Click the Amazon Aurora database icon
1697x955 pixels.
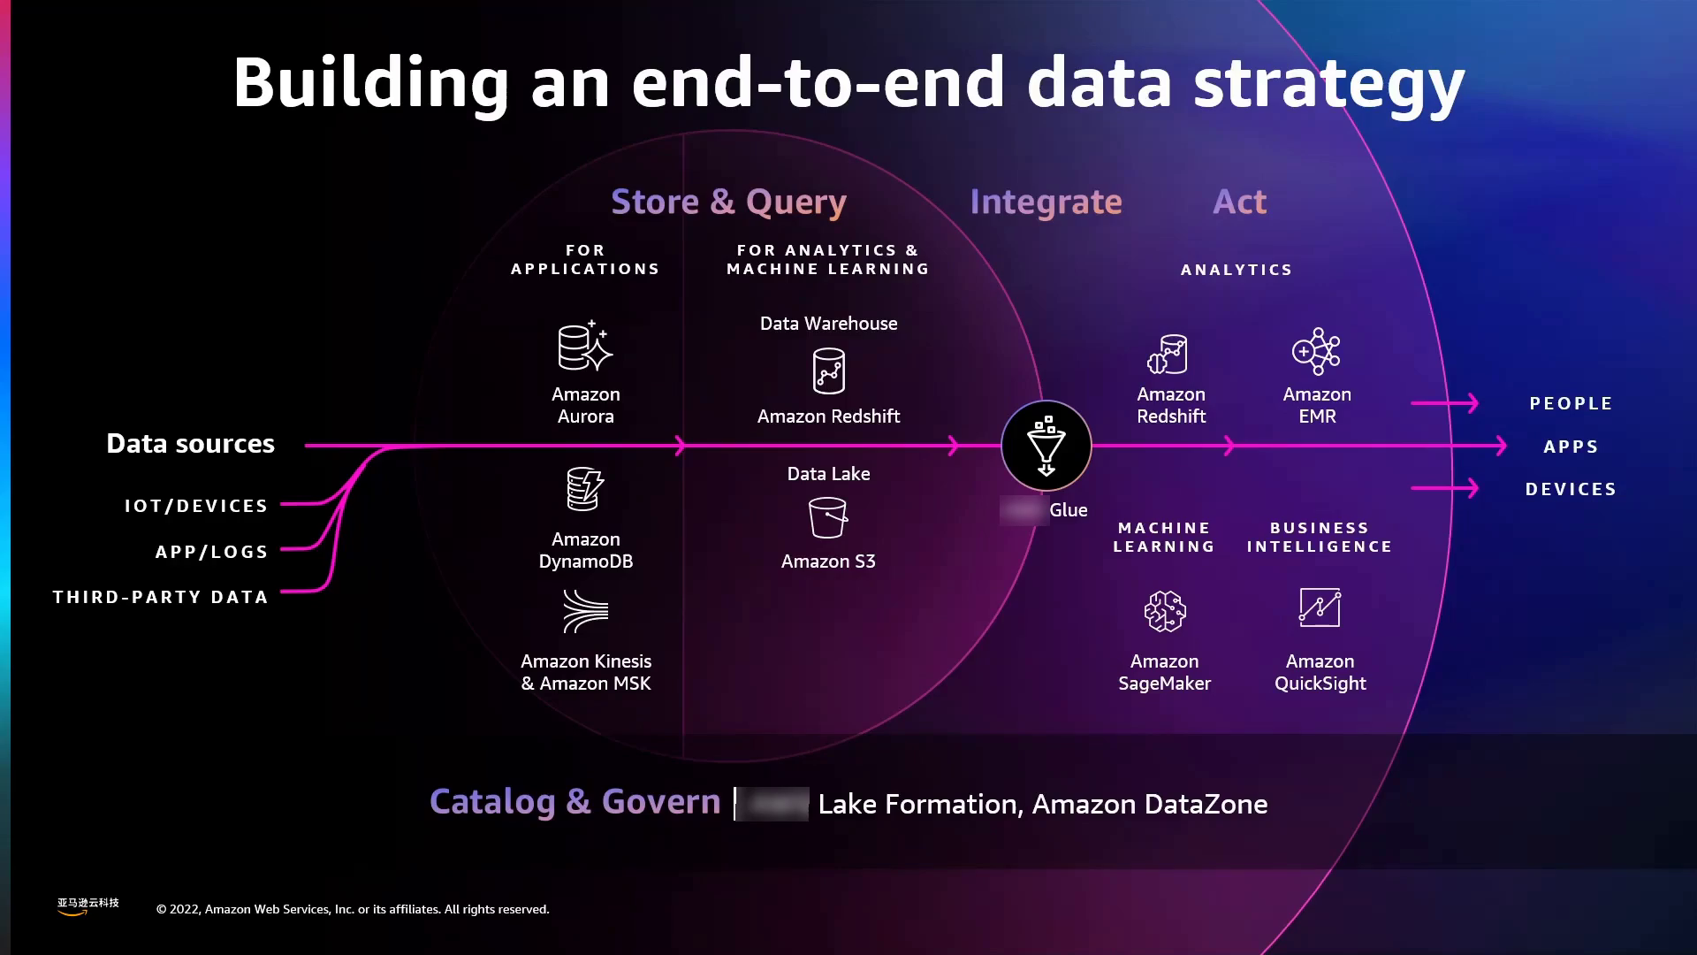click(x=584, y=347)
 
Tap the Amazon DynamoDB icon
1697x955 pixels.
click(x=584, y=489)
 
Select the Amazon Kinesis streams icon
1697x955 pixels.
click(x=585, y=611)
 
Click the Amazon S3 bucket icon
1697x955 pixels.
click(x=828, y=517)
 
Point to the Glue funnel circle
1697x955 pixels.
click(x=1046, y=446)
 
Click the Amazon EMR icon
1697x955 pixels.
click(x=1316, y=352)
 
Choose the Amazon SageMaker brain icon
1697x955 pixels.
click(x=1164, y=611)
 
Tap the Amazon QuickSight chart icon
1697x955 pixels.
click(x=1320, y=608)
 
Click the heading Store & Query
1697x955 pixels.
click(x=728, y=202)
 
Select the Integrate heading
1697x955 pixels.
click(x=1046, y=202)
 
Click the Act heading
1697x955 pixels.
click(x=1239, y=202)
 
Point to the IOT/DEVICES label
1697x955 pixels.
click(x=196, y=506)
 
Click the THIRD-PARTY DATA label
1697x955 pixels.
click(x=161, y=597)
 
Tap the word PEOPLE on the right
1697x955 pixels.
click(x=1571, y=403)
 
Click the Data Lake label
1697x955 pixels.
click(x=828, y=474)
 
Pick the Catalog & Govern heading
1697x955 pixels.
click(x=575, y=802)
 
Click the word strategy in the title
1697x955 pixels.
click(x=1328, y=84)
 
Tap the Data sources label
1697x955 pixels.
click(x=190, y=444)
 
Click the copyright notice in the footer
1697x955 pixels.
click(x=353, y=909)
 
